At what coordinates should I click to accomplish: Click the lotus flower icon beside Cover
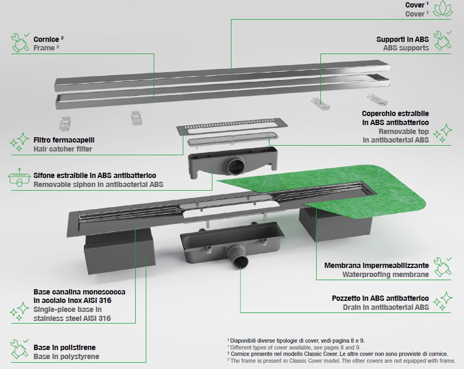coord(443,9)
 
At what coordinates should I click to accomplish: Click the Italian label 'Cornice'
coord(46,39)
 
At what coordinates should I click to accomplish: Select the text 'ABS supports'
coord(406,48)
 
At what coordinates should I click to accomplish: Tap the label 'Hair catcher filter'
coord(63,149)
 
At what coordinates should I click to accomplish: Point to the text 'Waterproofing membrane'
coord(385,275)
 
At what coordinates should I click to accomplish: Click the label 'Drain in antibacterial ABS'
coord(385,307)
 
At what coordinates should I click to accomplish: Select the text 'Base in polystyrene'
coord(66,356)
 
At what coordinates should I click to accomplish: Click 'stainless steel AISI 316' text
coord(72,318)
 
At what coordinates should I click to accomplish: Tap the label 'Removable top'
coord(403,131)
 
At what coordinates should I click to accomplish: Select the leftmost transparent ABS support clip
coord(65,123)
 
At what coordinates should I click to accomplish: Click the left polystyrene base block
coord(119,255)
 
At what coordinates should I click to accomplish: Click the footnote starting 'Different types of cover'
coord(295,347)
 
